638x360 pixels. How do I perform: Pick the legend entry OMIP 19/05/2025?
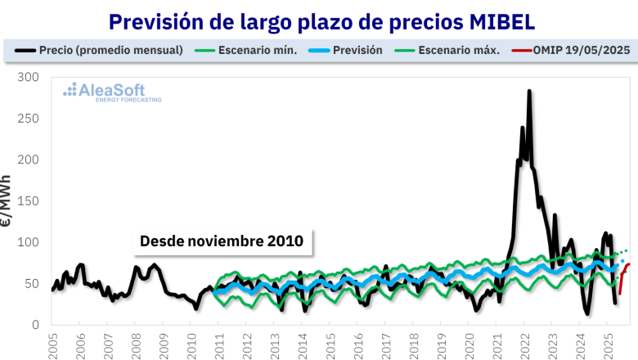[x=579, y=50]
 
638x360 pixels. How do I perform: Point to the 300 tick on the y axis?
[x=28, y=77]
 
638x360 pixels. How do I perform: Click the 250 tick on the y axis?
[x=28, y=119]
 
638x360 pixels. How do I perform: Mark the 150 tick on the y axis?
[x=28, y=201]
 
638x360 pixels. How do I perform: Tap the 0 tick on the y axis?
[x=34, y=325]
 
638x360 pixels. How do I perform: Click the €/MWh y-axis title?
[x=7, y=200]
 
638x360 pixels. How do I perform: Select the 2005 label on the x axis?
[x=52, y=344]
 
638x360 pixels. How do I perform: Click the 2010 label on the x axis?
[x=191, y=344]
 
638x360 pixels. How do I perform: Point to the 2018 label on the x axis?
[x=414, y=344]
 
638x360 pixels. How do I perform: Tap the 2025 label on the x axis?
[x=609, y=344]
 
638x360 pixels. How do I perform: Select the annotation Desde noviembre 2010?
[x=222, y=241]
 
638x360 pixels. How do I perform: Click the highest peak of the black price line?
[x=529, y=92]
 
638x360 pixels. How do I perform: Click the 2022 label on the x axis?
[x=525, y=344]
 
